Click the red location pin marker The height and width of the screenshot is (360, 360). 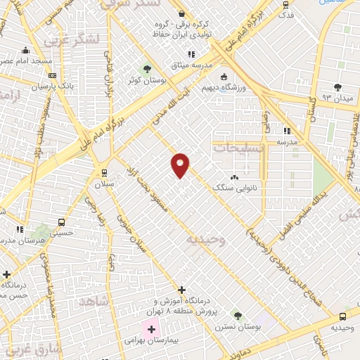click(x=180, y=165)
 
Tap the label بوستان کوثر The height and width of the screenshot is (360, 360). click(x=146, y=81)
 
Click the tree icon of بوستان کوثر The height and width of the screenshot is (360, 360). click(x=146, y=69)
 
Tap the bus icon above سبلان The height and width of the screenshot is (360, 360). click(x=104, y=172)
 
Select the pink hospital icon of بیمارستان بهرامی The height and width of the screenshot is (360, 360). click(x=151, y=328)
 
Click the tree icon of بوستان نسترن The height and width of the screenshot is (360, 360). click(x=237, y=315)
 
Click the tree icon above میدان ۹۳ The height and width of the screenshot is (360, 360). click(x=337, y=86)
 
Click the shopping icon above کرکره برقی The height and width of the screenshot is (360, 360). click(x=181, y=13)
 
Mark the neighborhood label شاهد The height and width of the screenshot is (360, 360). click(x=95, y=300)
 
